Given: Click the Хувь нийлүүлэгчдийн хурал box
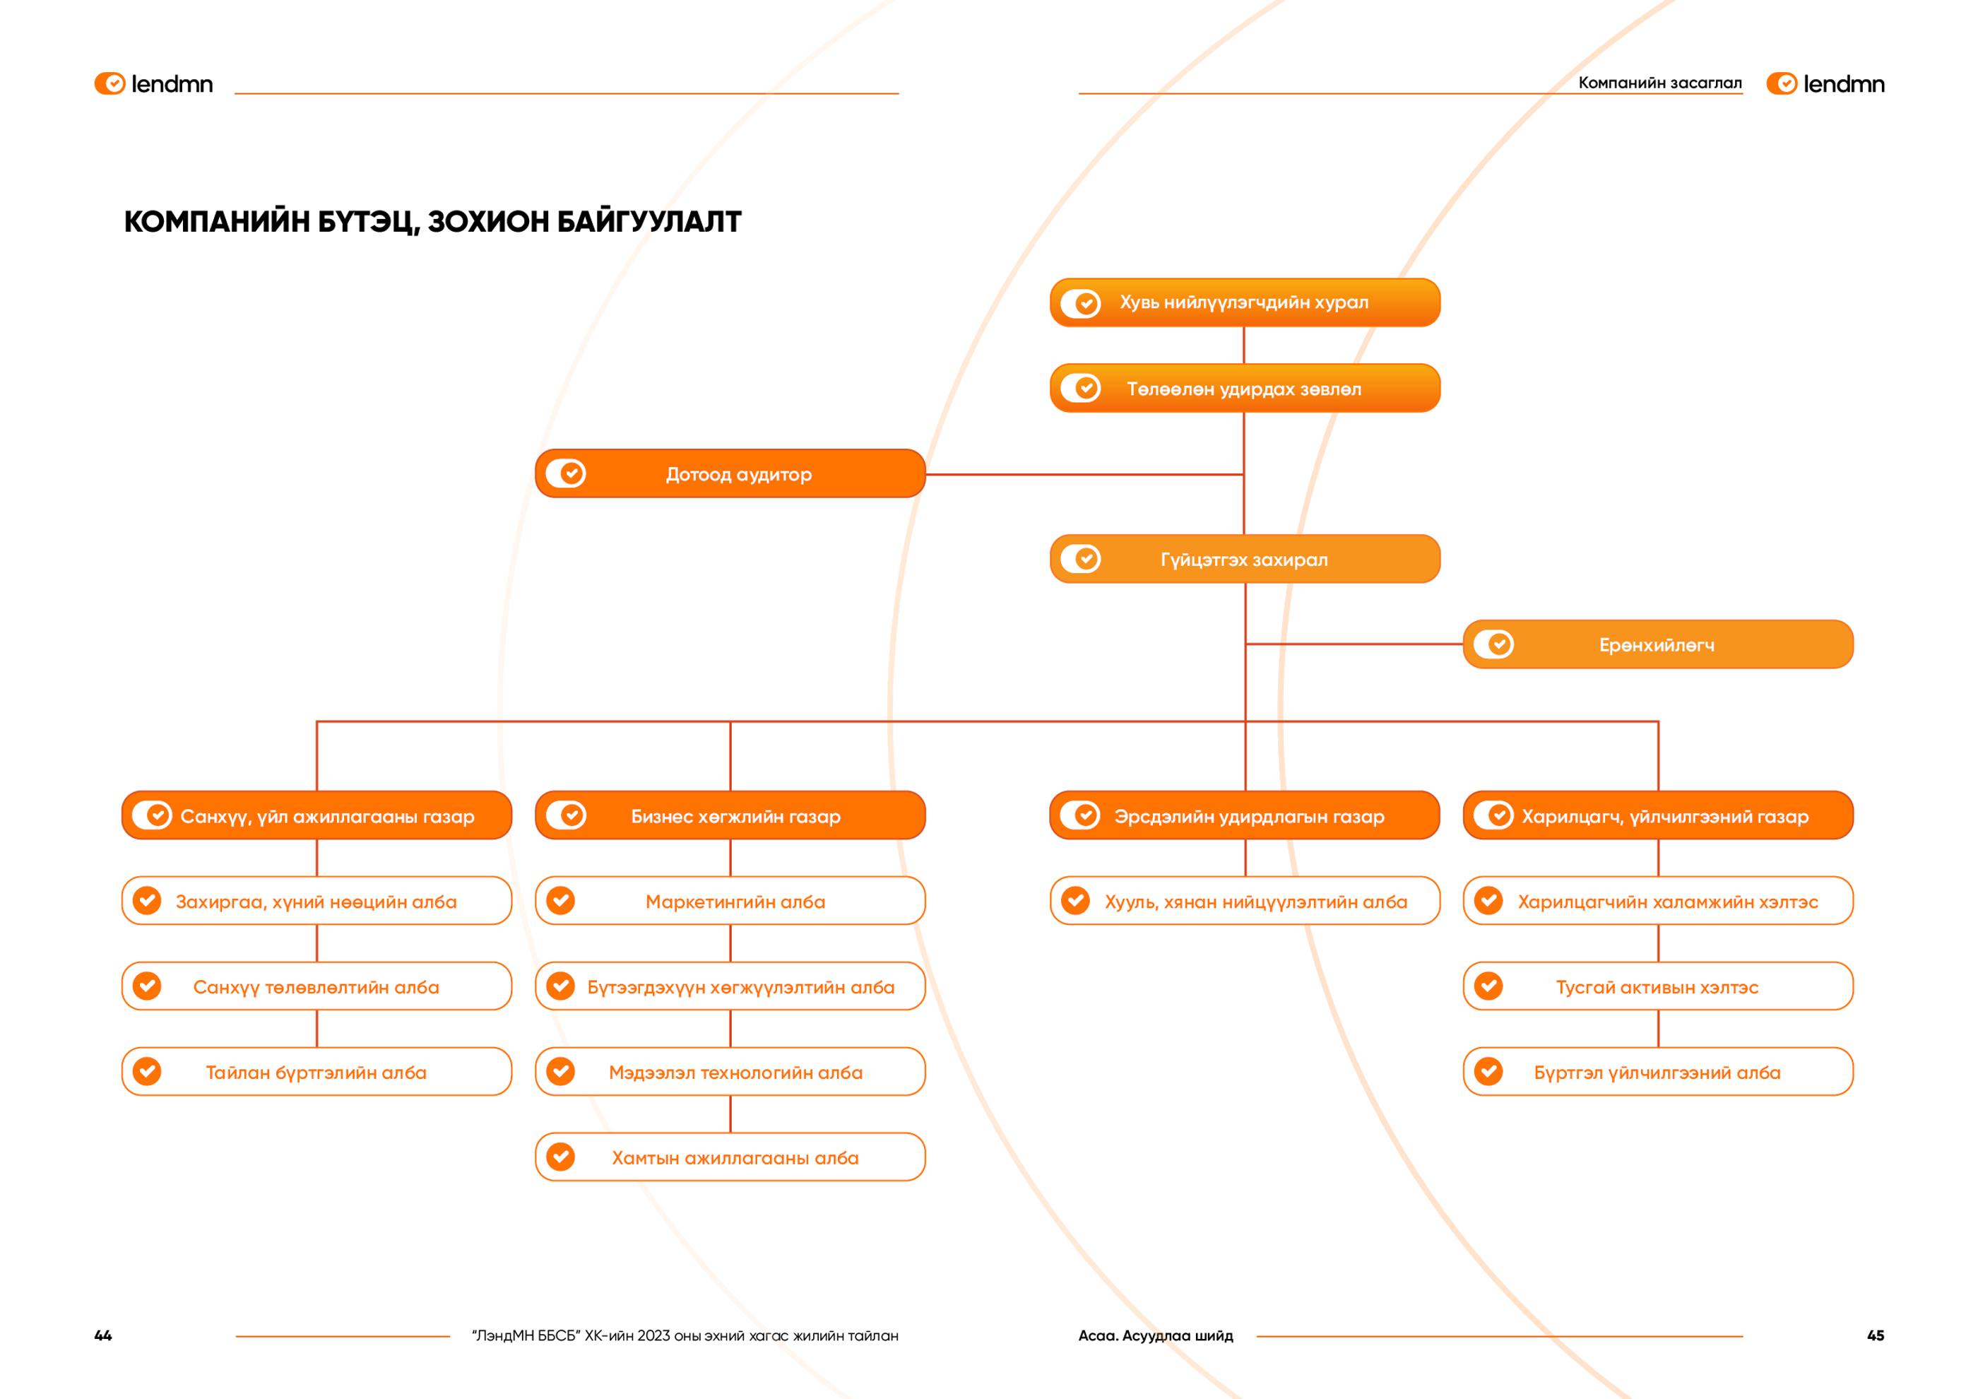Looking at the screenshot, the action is pos(1245,302).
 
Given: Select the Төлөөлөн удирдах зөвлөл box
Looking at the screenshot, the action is pos(1245,389).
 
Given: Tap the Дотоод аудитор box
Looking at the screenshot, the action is pos(730,474).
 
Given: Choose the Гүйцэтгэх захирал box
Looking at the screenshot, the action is pos(1245,559).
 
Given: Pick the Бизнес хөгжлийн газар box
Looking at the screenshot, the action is pos(730,815).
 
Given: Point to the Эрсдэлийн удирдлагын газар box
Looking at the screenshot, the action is pos(1245,815).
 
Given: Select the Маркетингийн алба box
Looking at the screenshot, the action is pos(730,901).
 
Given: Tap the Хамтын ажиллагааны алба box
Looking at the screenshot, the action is pos(730,1157).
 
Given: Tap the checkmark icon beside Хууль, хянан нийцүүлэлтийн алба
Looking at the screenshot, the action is pos(1075,901).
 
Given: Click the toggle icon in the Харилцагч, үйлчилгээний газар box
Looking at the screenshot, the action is pos(1494,815).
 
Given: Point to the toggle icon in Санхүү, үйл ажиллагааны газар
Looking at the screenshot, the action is pos(153,815).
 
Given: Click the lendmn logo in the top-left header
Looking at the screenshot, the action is pos(153,83).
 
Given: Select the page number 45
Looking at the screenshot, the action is pos(1876,1335).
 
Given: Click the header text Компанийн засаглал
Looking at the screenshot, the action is pos(1660,83).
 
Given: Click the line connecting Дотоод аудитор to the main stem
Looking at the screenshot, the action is pos(1084,475).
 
